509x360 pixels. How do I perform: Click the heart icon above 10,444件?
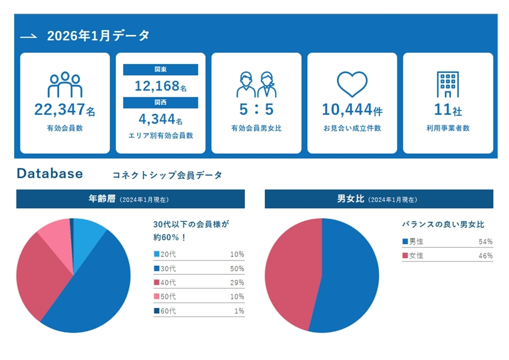(x=352, y=84)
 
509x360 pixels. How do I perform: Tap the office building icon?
(x=448, y=84)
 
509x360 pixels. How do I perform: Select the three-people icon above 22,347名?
(x=65, y=84)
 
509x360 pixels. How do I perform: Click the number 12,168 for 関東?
(x=155, y=86)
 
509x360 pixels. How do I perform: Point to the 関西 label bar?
(x=160, y=103)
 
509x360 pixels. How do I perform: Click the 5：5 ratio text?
(x=256, y=109)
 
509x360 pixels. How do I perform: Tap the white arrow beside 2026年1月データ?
(x=29, y=36)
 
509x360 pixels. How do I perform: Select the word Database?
(x=50, y=173)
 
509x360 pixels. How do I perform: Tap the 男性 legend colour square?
(x=405, y=241)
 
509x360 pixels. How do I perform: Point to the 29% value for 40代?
(x=237, y=283)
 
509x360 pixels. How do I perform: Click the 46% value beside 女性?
(x=486, y=256)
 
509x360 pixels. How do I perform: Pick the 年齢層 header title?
(x=102, y=199)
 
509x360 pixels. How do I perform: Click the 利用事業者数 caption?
(x=448, y=128)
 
